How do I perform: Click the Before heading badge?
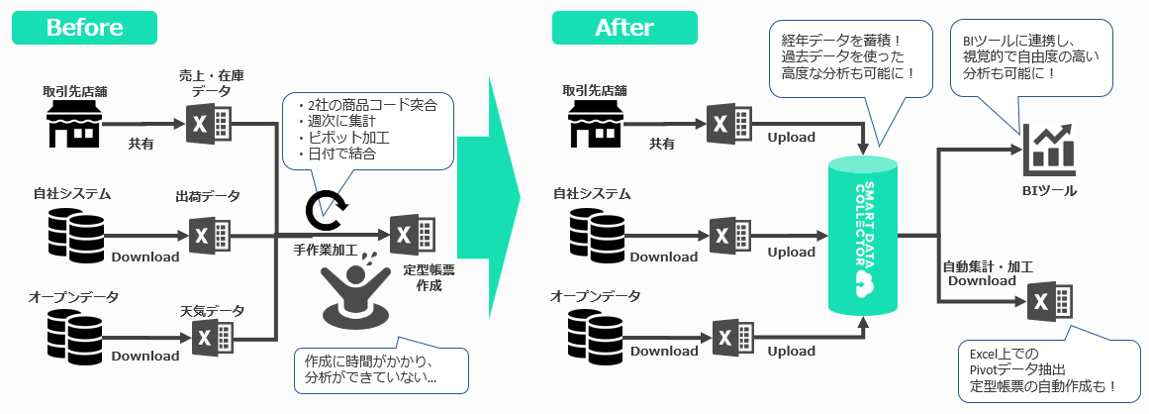point(84,28)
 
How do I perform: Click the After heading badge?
point(624,28)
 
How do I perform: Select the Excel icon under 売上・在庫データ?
point(208,125)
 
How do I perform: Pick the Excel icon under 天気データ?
point(208,338)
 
